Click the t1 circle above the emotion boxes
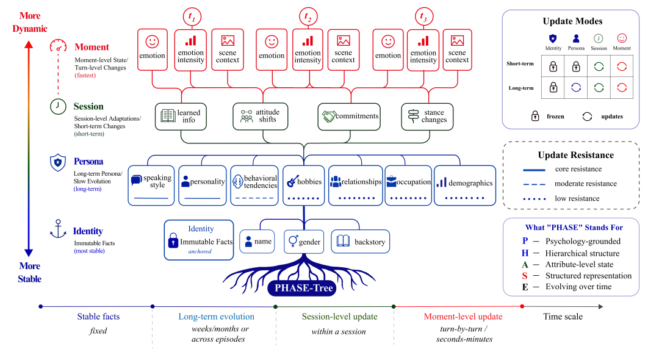(192, 17)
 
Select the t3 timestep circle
(423, 17)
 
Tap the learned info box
(181, 116)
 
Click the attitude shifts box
(260, 116)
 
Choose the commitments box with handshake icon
(349, 117)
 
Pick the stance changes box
(427, 117)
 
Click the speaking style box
(151, 185)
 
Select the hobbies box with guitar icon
(303, 185)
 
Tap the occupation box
(408, 185)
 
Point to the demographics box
(465, 185)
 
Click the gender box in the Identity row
(304, 242)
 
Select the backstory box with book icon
(360, 242)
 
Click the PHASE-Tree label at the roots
(302, 288)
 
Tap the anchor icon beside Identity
(58, 229)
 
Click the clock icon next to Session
(58, 106)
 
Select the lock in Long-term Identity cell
(553, 87)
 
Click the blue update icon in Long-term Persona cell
(576, 87)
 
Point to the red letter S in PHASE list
(525, 276)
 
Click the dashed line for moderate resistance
(534, 184)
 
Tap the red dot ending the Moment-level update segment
(522, 306)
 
